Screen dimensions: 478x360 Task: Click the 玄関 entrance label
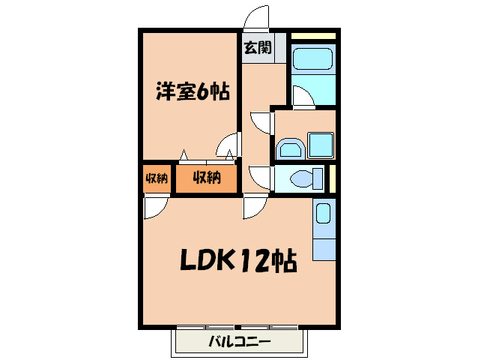coord(258,47)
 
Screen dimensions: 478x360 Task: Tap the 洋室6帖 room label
coord(193,91)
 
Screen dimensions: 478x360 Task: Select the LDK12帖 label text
coord(238,260)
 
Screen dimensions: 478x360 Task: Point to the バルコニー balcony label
coord(240,341)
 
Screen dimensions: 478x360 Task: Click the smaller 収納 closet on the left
coord(157,178)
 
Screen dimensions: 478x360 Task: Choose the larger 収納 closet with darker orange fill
coord(206,178)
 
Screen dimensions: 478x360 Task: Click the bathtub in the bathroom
coord(312,58)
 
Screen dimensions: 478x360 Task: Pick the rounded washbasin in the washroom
coord(290,149)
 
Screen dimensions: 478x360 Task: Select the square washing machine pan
coord(321,145)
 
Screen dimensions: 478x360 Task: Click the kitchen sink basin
coord(324,213)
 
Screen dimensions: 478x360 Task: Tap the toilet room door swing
coord(259,178)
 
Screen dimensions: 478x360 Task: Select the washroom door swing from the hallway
coord(259,123)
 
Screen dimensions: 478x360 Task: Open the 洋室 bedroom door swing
coord(226,145)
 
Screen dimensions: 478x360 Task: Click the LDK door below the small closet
coord(156,208)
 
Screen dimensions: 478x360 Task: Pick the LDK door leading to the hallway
coord(255,208)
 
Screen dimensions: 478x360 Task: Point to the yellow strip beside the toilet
coord(333,178)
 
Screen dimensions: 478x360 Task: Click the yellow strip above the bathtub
coord(313,36)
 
